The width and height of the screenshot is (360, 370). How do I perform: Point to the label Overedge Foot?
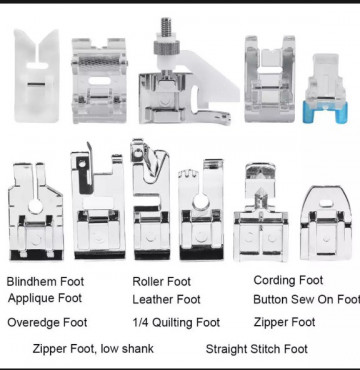[x=47, y=322]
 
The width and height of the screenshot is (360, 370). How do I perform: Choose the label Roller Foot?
[x=161, y=282]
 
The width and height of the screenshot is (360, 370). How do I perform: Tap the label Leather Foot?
[x=166, y=299]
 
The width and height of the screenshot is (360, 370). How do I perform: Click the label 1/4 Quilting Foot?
[x=176, y=322]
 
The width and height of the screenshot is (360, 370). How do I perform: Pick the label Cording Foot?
[x=288, y=280]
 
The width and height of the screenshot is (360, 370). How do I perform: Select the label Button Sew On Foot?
[x=306, y=299]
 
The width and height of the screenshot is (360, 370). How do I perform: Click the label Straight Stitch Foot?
[x=256, y=349]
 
